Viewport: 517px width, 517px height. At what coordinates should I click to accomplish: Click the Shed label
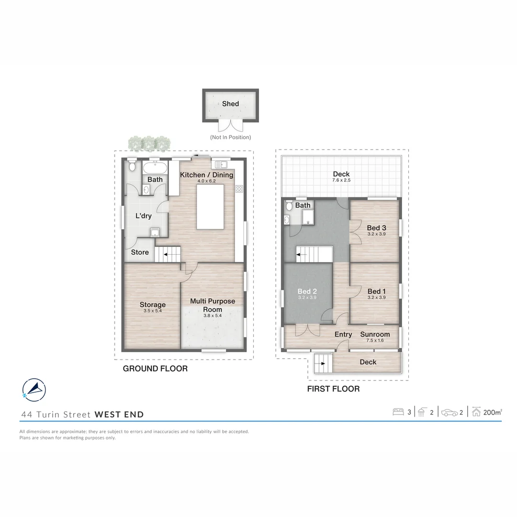click(230, 103)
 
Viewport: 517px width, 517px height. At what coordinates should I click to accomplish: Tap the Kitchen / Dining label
click(206, 175)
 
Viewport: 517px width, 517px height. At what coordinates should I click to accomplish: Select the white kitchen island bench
click(210, 207)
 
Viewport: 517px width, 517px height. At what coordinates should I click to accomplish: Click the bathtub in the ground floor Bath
click(155, 168)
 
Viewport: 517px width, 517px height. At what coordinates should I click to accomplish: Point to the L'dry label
click(144, 216)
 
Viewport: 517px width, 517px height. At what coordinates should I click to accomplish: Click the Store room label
click(140, 252)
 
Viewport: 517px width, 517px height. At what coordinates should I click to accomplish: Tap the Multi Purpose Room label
click(213, 305)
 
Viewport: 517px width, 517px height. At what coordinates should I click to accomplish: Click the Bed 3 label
click(376, 228)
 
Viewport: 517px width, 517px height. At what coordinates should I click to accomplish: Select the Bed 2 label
click(307, 291)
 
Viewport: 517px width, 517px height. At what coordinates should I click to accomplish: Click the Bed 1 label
click(376, 291)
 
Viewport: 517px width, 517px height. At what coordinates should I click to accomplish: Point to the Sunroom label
click(375, 334)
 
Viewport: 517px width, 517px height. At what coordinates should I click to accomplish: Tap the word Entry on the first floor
click(343, 334)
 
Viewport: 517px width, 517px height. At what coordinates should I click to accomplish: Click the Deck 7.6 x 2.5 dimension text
click(341, 180)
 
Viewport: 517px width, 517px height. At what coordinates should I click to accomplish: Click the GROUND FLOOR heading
click(155, 369)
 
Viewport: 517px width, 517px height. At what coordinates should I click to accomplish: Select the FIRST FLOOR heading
click(333, 389)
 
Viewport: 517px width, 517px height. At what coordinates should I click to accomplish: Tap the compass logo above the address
click(34, 390)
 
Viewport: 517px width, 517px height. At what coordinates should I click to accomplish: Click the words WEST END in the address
click(119, 415)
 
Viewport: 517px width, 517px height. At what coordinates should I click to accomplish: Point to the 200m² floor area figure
click(493, 412)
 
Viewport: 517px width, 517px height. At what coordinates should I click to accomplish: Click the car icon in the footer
click(450, 412)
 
